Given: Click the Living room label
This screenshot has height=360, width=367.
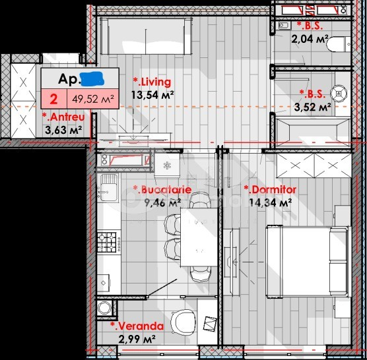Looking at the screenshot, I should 152,82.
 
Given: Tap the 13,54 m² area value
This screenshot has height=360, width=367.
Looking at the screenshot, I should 152,95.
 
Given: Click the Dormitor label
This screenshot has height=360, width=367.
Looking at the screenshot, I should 271,190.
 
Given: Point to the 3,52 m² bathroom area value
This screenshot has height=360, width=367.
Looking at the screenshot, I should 313,106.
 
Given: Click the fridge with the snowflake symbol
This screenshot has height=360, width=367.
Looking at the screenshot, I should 167,164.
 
